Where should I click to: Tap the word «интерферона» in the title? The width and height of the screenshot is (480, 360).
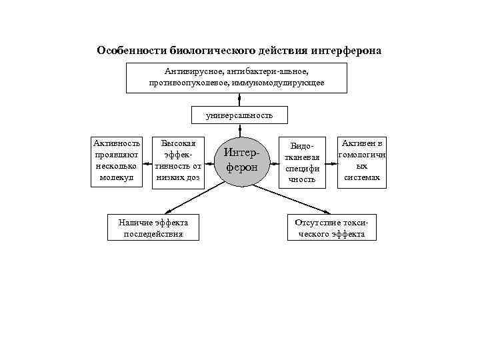coord(348,51)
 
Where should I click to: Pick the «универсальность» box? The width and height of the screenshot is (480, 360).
coord(239,115)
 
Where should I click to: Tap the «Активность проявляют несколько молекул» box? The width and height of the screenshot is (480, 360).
coord(117,161)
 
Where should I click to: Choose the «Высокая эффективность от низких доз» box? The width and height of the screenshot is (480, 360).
coord(178,161)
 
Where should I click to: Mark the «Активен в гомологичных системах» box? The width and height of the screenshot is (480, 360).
coord(363,161)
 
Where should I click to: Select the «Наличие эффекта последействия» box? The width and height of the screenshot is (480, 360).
coord(153,227)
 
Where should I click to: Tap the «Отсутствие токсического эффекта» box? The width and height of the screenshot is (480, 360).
coord(331,227)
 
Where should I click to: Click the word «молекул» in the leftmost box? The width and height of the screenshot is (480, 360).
coord(117,178)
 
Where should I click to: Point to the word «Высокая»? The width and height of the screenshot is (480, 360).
coord(177,143)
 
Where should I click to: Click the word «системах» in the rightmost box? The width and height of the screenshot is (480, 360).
coord(363,178)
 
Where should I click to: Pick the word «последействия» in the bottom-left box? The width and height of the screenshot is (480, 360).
coord(153,234)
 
